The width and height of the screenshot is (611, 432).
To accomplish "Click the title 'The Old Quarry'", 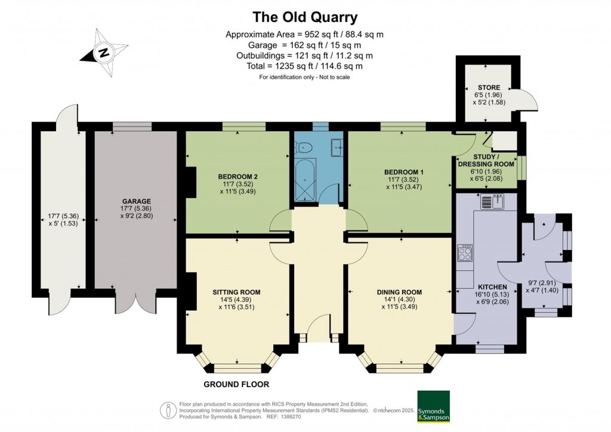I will [305, 16].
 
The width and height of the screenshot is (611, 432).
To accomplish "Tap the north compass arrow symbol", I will [104, 53].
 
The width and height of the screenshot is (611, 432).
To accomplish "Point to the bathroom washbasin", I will [337, 146].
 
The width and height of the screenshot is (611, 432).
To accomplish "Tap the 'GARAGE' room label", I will [137, 201].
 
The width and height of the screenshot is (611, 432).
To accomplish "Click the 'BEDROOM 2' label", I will [237, 177].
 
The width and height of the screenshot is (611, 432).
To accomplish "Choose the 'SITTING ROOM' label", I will [236, 292].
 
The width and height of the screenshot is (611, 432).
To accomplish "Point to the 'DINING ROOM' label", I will [399, 292].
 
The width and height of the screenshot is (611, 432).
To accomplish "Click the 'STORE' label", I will [489, 88].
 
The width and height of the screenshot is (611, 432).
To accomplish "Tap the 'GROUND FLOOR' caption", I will [237, 384].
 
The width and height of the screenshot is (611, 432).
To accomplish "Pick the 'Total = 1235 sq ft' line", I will [305, 66].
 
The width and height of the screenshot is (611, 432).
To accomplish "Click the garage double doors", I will [135, 303].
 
